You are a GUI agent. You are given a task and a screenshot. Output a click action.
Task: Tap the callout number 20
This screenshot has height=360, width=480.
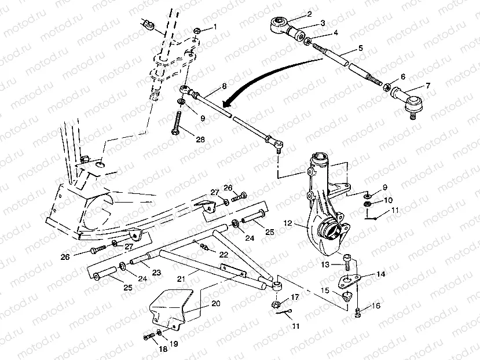pos(216,303)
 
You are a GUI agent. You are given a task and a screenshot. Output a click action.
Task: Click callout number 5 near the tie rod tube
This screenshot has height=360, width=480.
pos(360,48)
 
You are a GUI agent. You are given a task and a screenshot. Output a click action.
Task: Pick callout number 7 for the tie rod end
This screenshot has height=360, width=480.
pos(428,86)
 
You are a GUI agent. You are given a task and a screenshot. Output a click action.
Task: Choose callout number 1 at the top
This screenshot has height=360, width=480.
pos(215,27)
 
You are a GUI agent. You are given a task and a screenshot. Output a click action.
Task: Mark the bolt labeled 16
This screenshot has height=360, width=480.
pos(357,313)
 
